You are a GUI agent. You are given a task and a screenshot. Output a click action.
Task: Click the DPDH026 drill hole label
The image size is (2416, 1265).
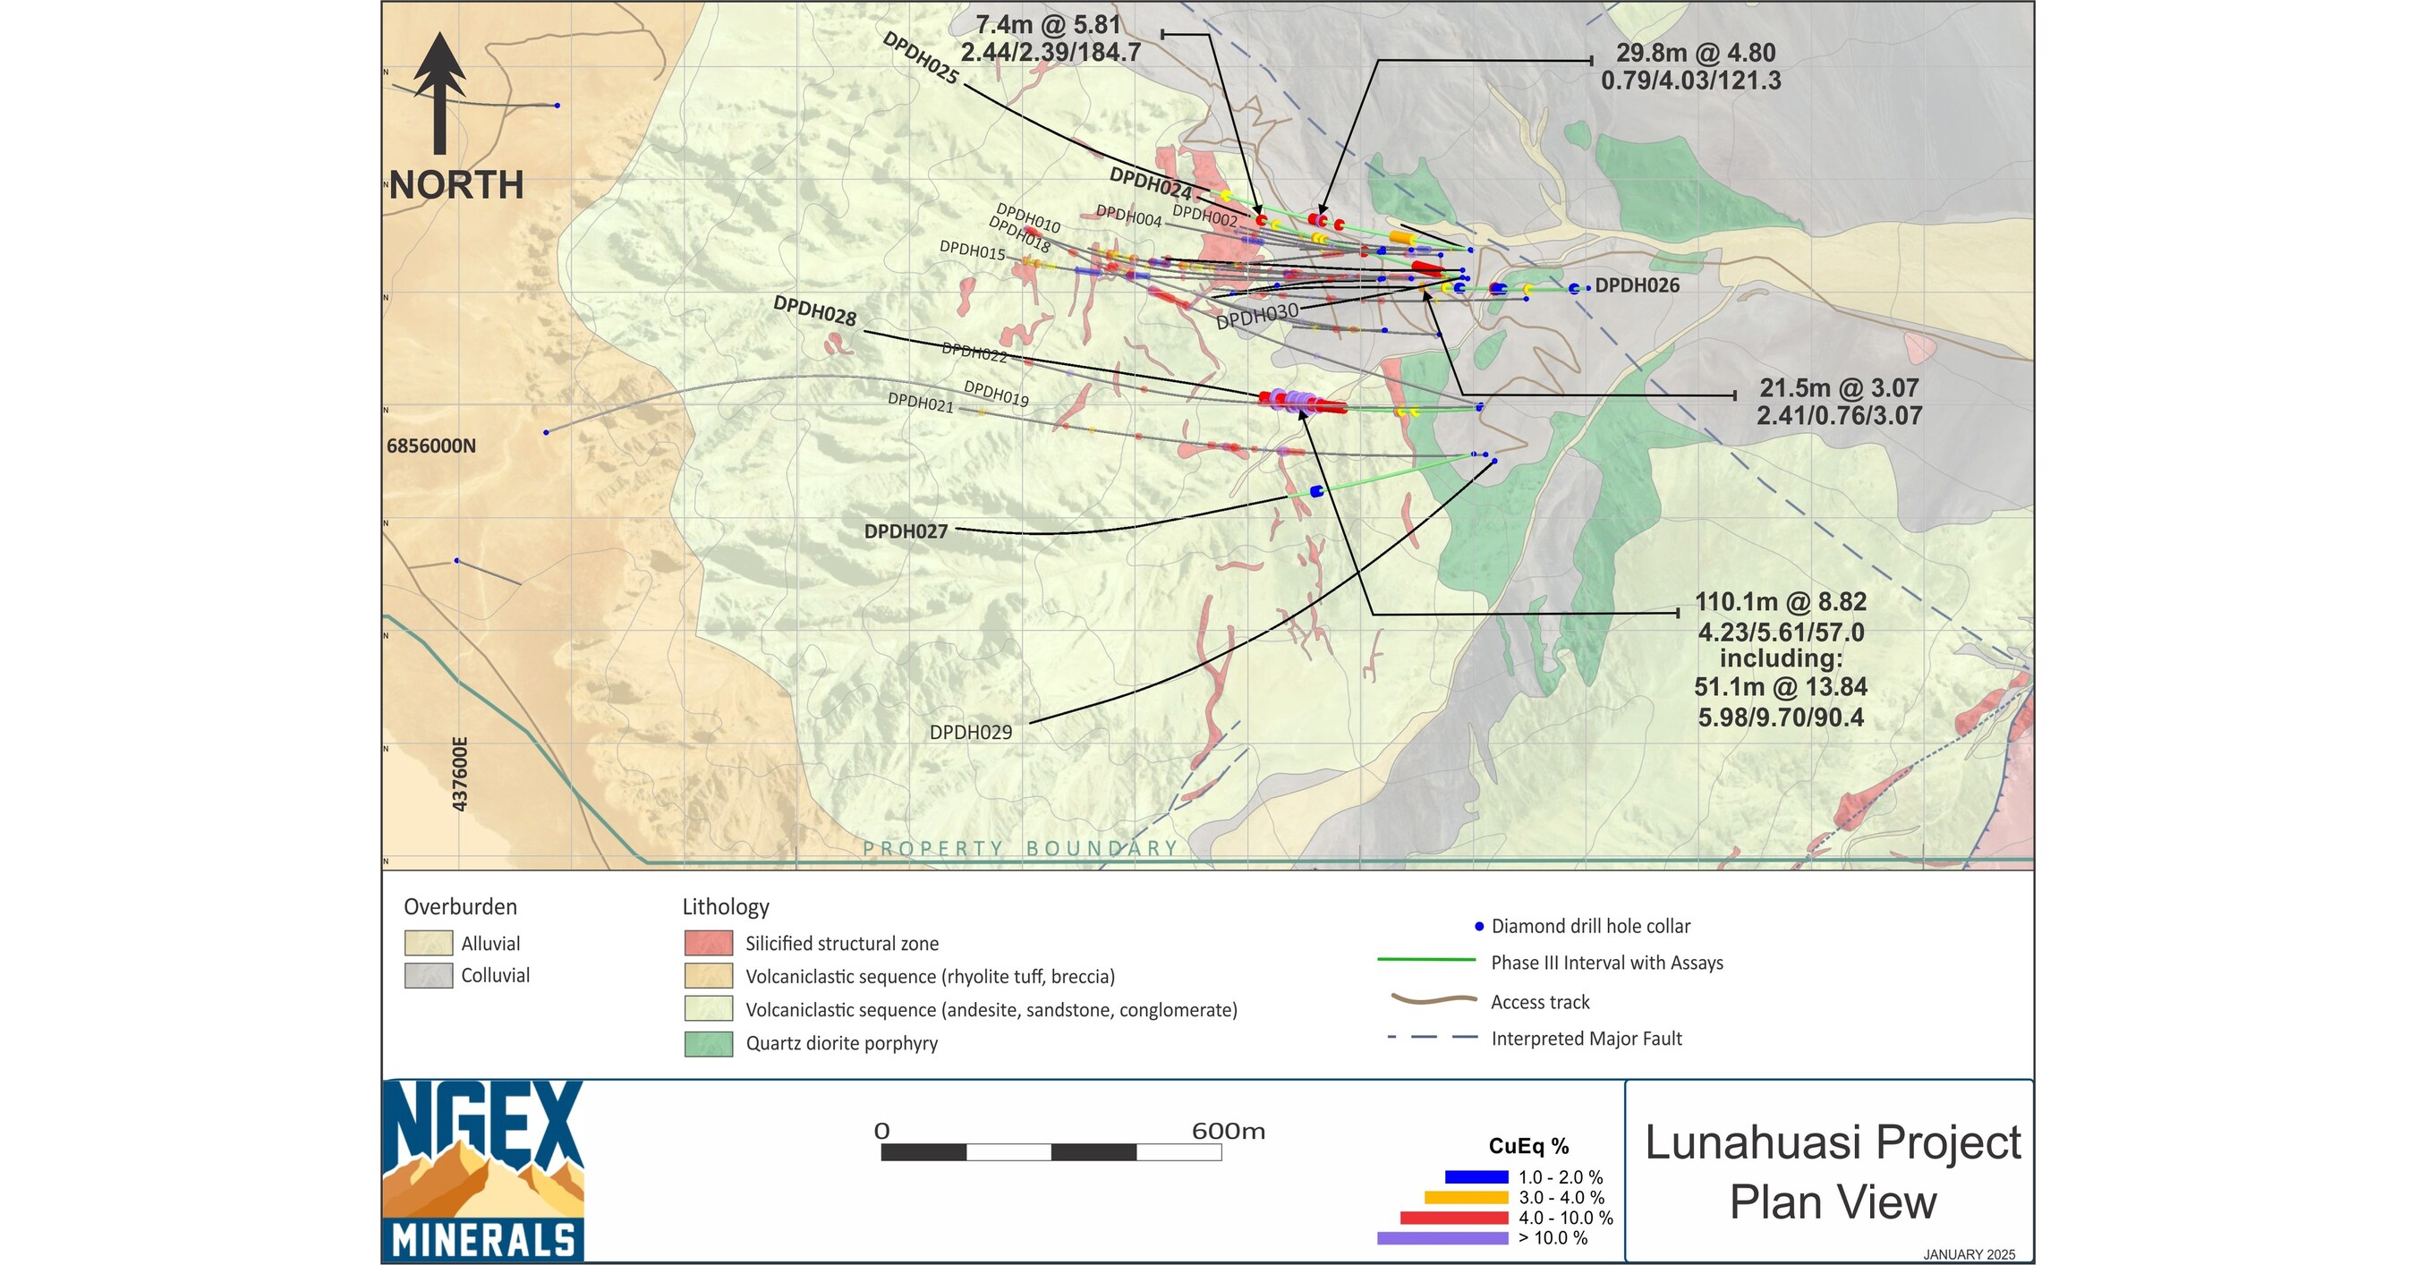coord(1637,286)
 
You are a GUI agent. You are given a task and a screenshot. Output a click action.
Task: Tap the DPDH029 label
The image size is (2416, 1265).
coord(971,733)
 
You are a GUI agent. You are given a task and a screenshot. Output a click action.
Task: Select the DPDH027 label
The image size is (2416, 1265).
coord(905,531)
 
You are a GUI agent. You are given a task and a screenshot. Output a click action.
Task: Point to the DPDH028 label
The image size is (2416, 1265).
coord(814,311)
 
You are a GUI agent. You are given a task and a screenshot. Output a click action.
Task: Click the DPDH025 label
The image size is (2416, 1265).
coord(920,58)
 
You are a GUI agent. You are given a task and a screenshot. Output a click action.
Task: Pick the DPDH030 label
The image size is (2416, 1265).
coord(1257,316)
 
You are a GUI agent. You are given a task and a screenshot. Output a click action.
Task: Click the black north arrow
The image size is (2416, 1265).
coord(439,94)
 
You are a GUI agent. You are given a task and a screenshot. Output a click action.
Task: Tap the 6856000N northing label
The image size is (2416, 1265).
coord(431,446)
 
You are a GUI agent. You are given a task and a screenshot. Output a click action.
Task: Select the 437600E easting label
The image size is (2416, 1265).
coord(460,774)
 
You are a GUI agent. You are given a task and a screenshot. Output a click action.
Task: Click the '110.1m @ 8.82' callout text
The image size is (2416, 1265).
coord(1780,602)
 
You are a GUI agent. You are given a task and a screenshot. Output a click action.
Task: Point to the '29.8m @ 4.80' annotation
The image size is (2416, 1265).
coord(1696,54)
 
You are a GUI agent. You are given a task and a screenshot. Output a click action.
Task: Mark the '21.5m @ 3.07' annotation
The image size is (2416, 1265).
coord(1838,388)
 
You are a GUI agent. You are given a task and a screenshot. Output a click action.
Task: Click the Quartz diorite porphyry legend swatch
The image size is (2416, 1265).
coord(708,1044)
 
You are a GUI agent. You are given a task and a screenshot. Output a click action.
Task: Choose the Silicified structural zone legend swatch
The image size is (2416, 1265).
coord(708,943)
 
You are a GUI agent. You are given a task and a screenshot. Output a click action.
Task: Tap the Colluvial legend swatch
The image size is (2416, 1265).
coord(429,975)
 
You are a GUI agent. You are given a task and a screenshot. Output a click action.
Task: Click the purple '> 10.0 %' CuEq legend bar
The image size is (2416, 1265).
coord(1442,1239)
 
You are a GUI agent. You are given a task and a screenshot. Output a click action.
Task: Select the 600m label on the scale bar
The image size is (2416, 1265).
coord(1228,1132)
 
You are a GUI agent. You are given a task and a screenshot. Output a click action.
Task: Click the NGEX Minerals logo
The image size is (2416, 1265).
coord(483,1170)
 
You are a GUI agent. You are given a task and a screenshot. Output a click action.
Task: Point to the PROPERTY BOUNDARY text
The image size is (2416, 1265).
coord(1019,849)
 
